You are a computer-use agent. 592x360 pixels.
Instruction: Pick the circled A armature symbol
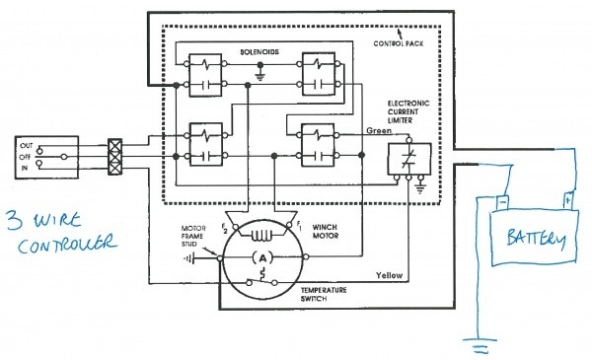pos(261,255)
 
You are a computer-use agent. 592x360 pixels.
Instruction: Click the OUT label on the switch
pos(25,145)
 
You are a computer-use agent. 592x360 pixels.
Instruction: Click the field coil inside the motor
pos(260,234)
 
